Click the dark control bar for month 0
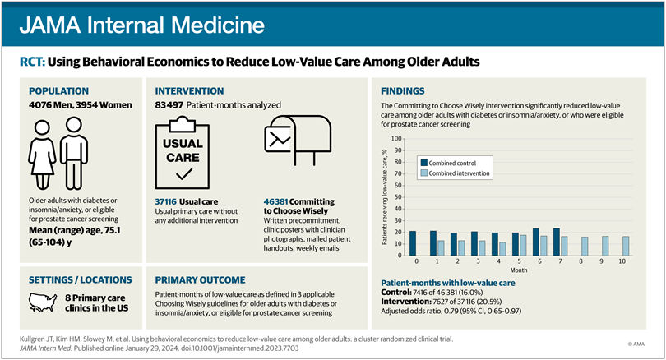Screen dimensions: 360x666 [412, 243]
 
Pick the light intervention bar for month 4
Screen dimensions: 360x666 [503, 248]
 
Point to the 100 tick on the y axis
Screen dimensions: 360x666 [397, 138]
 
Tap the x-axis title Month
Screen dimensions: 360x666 [519, 271]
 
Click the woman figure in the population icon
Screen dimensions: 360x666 [43, 153]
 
